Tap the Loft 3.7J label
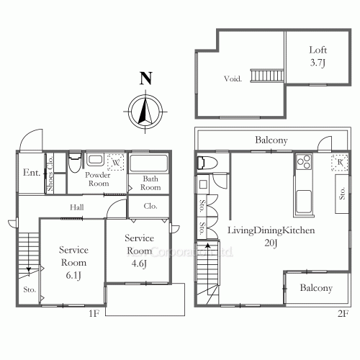318,57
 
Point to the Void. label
232,78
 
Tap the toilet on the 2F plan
204,163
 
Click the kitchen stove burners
302,162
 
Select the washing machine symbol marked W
115,161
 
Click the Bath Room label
150,183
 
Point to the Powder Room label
97,179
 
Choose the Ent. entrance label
31,173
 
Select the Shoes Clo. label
50,176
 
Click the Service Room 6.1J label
73,261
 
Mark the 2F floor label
342,313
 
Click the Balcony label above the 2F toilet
271,140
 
